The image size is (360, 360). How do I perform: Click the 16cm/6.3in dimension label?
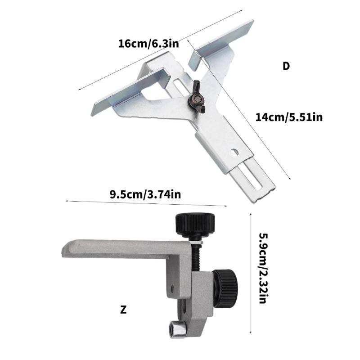(x=148, y=44)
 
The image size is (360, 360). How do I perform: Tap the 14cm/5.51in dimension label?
(x=288, y=117)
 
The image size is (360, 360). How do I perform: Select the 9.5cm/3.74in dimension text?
(x=145, y=194)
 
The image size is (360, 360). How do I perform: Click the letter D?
(x=286, y=66)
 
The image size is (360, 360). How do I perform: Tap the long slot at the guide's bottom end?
(x=256, y=180)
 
